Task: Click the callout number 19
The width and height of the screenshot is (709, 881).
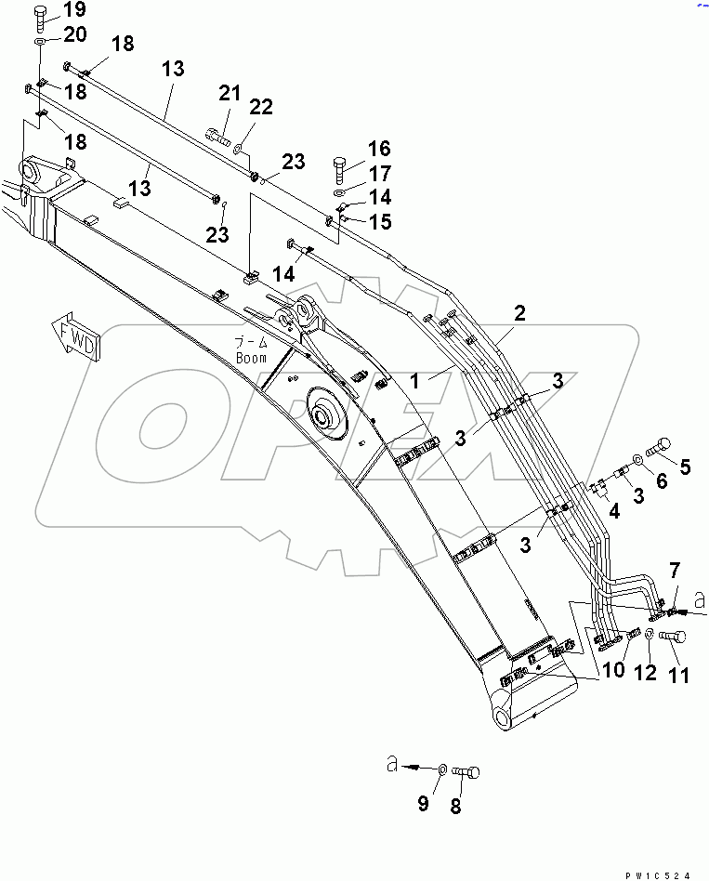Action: pos(73,11)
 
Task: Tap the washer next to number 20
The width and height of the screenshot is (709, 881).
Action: pos(42,44)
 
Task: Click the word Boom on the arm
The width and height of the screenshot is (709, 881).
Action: pos(250,358)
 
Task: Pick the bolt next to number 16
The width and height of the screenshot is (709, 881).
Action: pos(339,172)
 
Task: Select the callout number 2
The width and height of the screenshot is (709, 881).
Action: pos(520,313)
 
